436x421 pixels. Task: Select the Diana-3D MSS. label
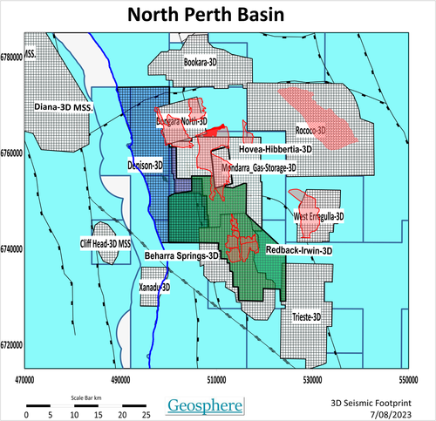pyautogui.click(x=64, y=106)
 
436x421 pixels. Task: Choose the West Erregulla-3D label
pyautogui.click(x=319, y=215)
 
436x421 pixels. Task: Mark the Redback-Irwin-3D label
pyautogui.click(x=298, y=250)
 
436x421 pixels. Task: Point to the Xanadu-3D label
pyautogui.click(x=154, y=286)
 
